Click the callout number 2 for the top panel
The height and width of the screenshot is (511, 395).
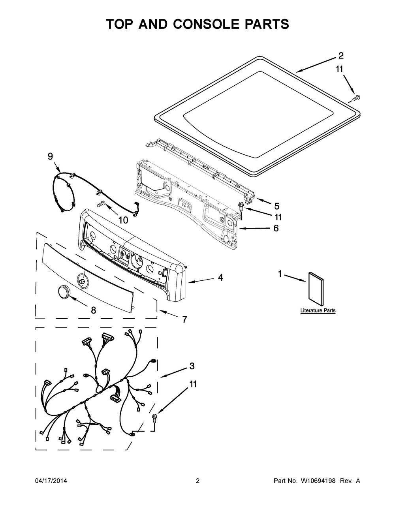click(x=341, y=56)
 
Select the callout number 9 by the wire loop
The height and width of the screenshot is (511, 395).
click(x=50, y=156)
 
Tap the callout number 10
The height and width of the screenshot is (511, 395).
click(x=123, y=220)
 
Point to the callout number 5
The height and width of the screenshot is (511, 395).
click(x=276, y=206)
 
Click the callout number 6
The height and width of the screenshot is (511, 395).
click(x=276, y=228)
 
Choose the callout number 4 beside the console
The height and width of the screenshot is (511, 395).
click(x=220, y=278)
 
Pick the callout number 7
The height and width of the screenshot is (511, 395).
click(x=184, y=320)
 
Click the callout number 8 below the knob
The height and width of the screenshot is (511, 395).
click(x=93, y=310)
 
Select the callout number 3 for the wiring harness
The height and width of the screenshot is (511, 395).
click(x=192, y=366)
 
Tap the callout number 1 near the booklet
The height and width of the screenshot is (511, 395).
click(x=280, y=274)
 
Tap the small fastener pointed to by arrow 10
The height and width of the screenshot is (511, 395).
click(x=102, y=204)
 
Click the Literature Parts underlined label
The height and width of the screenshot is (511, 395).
click(x=318, y=311)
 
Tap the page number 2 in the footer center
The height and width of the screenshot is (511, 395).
click(x=197, y=481)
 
